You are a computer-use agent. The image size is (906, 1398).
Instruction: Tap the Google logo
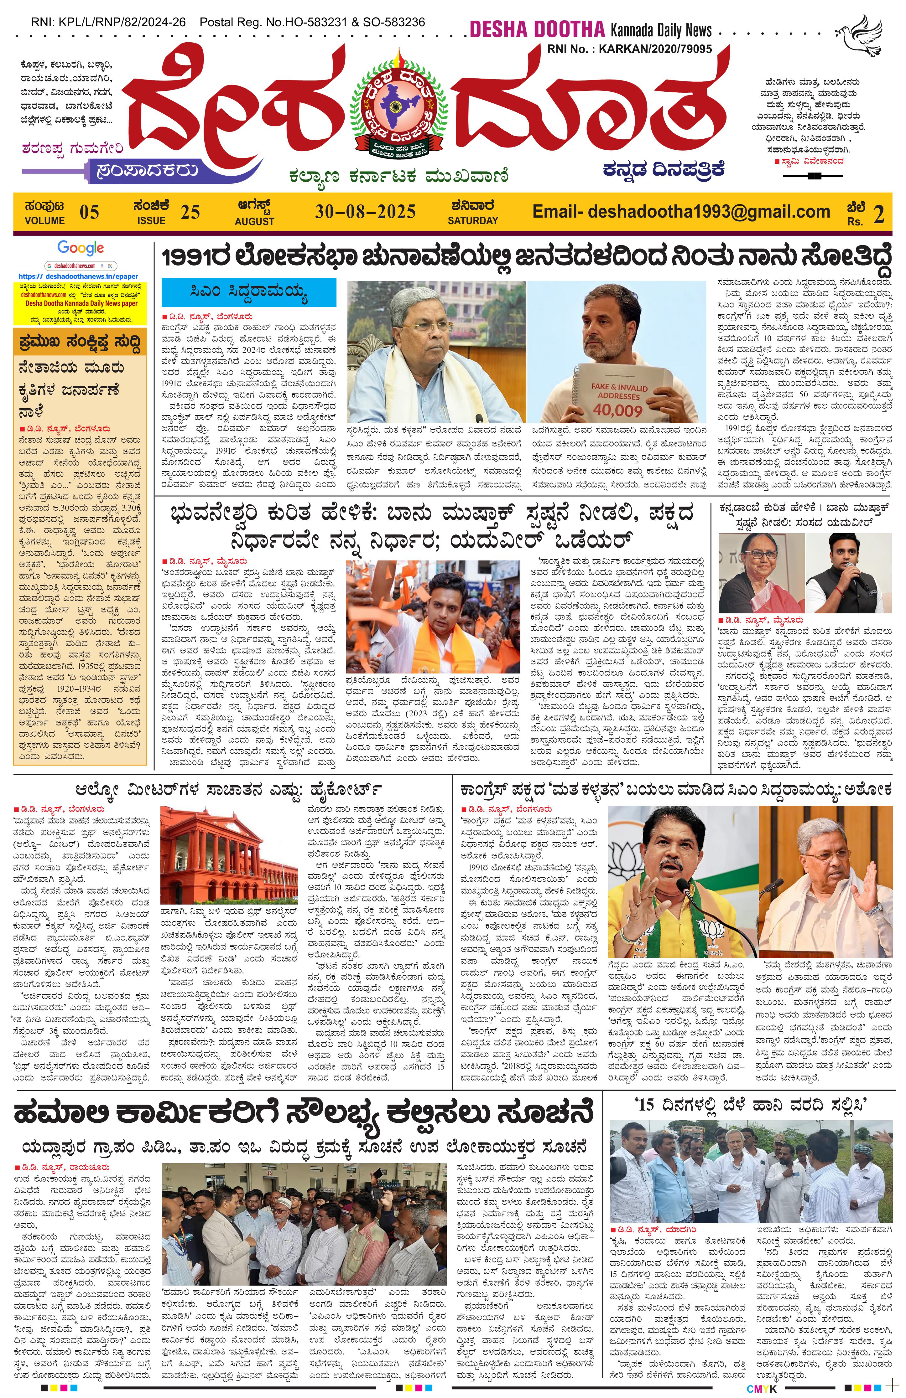tap(81, 249)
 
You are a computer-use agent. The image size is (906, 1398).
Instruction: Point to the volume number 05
tap(89, 212)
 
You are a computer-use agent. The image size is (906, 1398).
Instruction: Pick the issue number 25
tap(190, 212)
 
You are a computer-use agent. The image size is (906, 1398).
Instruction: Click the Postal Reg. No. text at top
tap(312, 22)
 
